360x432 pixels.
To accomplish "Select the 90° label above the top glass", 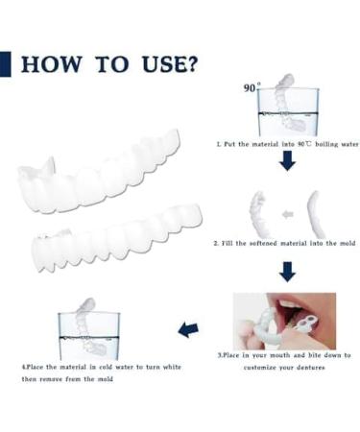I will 251,87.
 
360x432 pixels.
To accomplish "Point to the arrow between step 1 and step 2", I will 287,162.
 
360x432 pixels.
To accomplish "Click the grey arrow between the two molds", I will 286,213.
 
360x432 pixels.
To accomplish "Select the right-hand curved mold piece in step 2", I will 315,213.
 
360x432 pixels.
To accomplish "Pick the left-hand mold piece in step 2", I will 256,213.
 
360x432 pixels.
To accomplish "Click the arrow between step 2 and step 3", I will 287,271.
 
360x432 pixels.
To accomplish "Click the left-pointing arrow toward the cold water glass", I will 189,329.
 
